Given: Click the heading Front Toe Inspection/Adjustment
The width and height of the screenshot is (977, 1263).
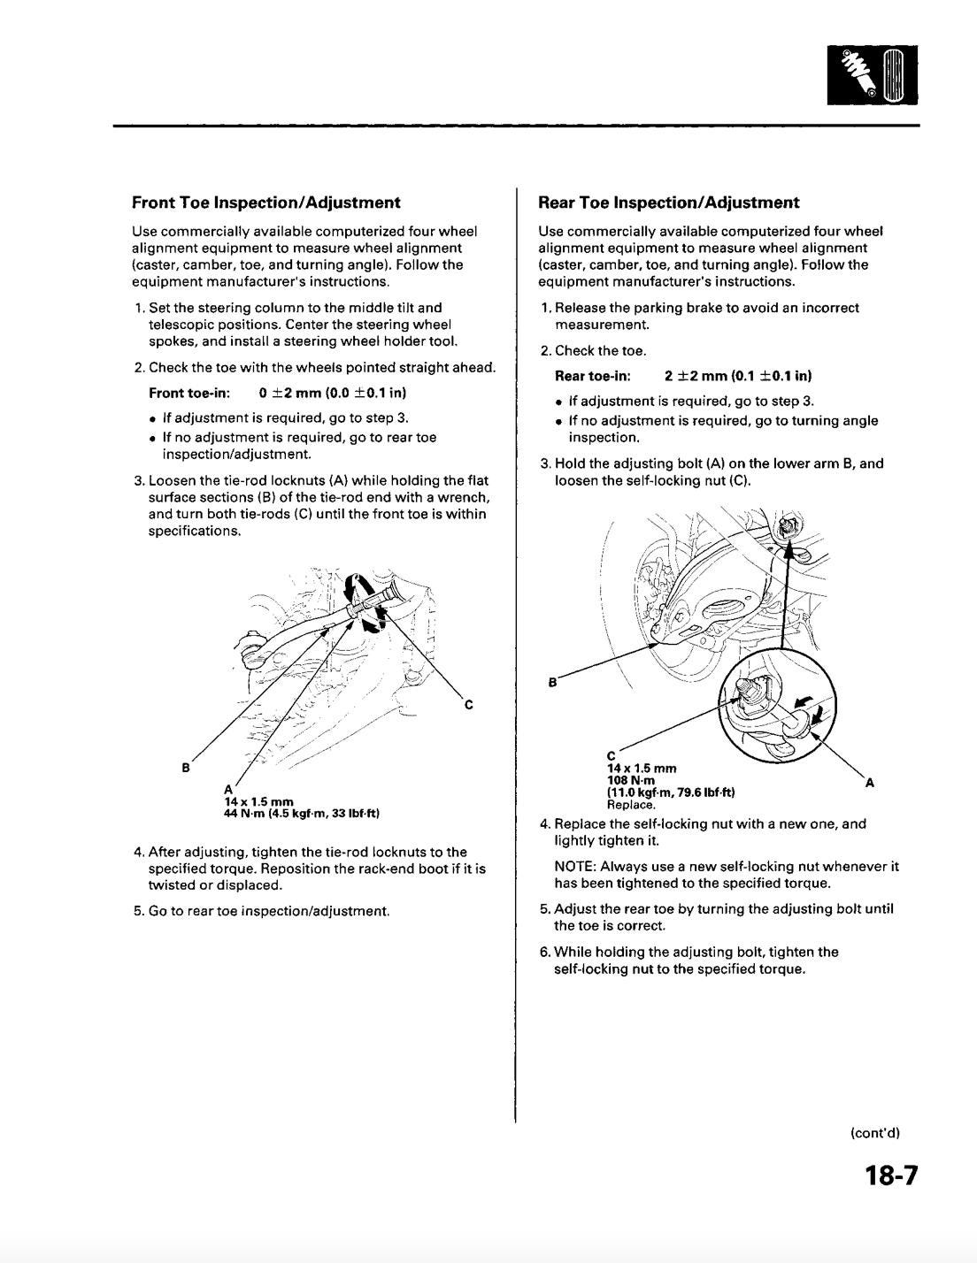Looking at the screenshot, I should [265, 203].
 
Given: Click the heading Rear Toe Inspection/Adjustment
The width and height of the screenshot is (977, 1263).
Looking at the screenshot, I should [668, 203].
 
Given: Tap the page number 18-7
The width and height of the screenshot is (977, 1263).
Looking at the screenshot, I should [891, 1175].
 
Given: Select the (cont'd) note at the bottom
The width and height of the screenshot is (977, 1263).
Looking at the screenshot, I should [874, 1133].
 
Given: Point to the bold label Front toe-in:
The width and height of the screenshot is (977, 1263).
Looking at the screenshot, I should [190, 392].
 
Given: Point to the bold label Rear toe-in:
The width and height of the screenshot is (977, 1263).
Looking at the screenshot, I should [592, 375].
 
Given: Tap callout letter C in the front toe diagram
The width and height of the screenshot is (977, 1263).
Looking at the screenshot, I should [468, 705].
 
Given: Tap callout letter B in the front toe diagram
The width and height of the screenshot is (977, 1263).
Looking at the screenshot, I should [186, 768].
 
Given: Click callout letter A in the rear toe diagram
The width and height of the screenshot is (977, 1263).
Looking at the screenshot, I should [869, 782].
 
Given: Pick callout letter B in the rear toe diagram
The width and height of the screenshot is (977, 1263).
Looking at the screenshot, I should [552, 682].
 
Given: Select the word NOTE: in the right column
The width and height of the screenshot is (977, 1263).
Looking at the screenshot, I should [573, 867].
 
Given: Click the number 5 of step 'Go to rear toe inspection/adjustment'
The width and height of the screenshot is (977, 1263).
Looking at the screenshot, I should [138, 910].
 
